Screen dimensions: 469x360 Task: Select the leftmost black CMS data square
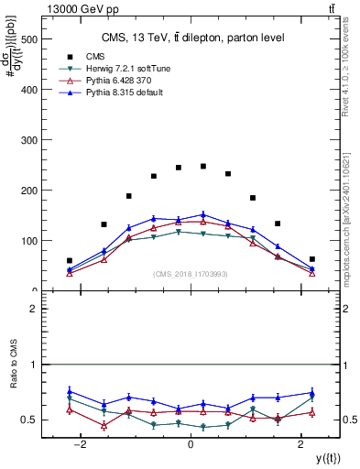70,260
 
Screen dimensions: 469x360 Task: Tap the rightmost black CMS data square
312,259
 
